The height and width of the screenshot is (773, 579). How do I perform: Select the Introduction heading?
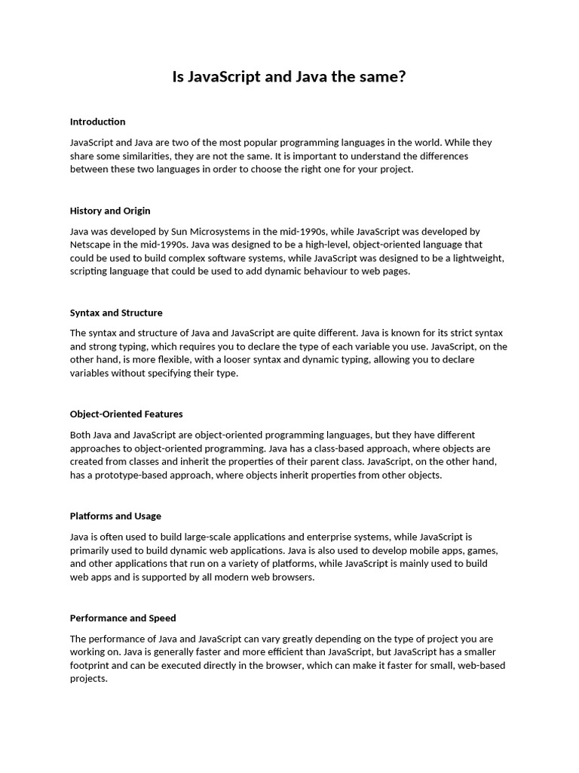[x=97, y=122]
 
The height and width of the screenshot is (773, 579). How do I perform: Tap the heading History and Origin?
[x=110, y=211]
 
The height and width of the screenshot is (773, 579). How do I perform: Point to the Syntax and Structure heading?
[x=116, y=313]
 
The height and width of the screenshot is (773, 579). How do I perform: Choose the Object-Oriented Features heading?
[x=126, y=414]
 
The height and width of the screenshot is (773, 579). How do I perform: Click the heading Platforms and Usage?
[x=115, y=516]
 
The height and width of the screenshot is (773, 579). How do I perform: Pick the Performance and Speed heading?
[x=123, y=617]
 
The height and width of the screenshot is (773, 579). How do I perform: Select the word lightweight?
[x=476, y=258]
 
